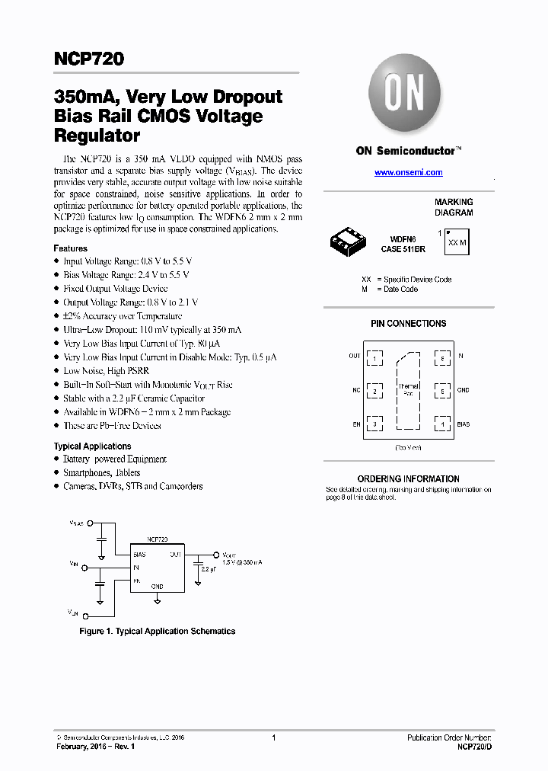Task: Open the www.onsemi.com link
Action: pos(409,173)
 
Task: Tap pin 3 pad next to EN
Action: pos(375,424)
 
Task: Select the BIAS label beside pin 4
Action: pos(464,424)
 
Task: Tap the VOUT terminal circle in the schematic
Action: pos(215,555)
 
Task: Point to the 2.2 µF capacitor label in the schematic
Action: pos(209,569)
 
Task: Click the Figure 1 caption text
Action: pos(158,631)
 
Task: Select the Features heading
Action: pos(70,248)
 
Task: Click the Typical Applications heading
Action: pos(92,446)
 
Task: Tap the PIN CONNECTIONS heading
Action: pos(408,324)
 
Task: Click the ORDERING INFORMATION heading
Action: pos(408,478)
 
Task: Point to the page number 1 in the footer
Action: pos(273,737)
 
